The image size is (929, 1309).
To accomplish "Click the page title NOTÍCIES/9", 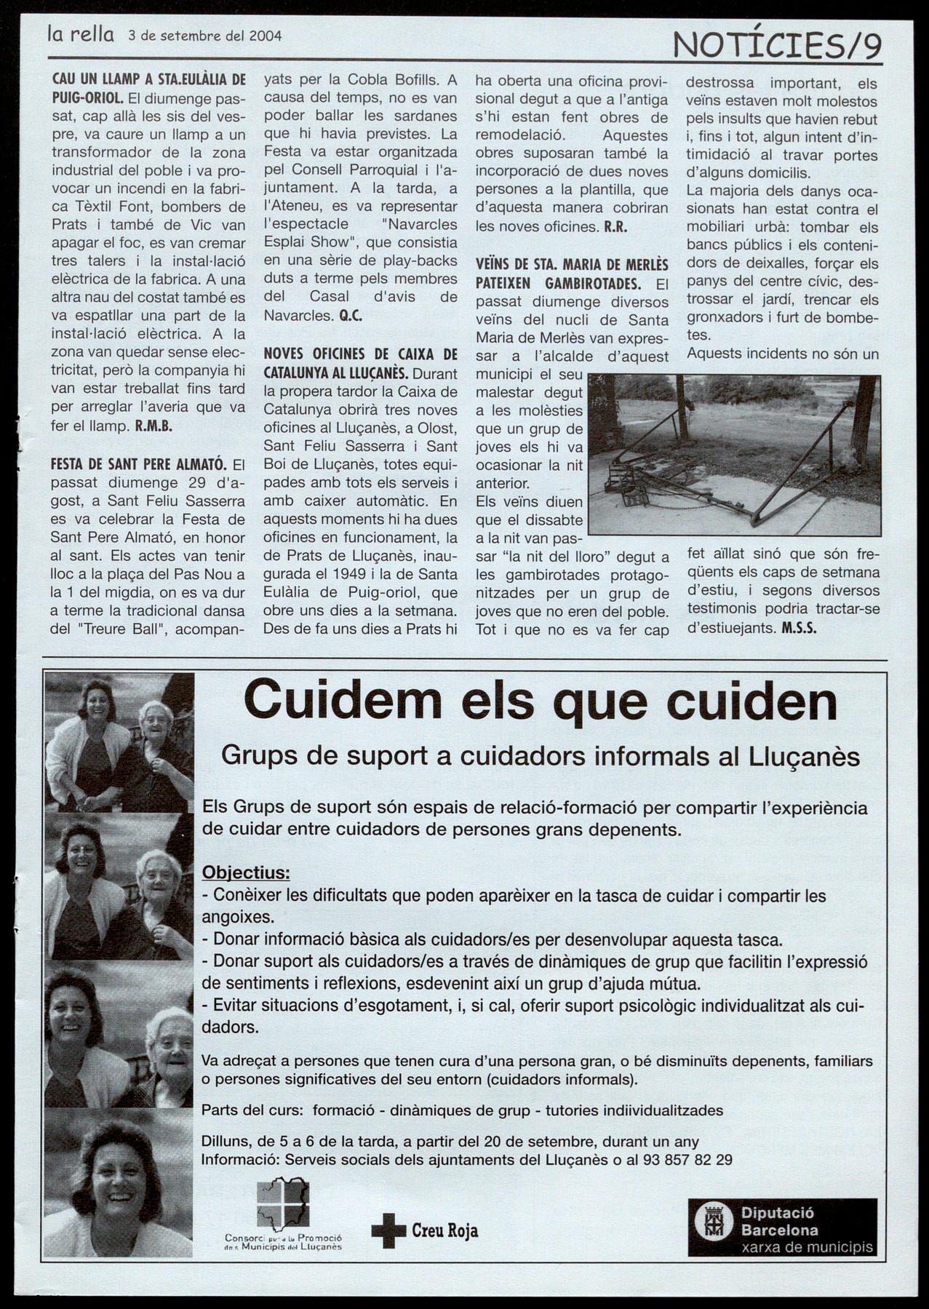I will click(778, 47).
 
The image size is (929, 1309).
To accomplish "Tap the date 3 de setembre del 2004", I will click(204, 35).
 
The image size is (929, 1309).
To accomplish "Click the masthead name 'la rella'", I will click(80, 34).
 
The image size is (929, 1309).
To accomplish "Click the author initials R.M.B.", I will click(153, 426).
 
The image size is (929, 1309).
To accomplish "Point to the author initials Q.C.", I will click(350, 316).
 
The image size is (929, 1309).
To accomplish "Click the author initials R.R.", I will click(615, 226).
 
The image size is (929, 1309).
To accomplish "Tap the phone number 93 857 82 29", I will click(688, 1160).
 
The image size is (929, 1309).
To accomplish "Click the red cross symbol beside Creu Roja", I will click(388, 1230).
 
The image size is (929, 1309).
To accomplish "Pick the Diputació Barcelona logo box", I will click(782, 1228).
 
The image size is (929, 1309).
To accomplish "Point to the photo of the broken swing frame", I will click(733, 454).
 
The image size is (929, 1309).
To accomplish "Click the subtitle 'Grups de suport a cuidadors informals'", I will click(541, 756).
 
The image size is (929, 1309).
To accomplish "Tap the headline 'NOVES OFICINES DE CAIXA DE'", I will click(360, 354).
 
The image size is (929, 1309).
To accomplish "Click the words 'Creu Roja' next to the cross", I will click(444, 1230).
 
